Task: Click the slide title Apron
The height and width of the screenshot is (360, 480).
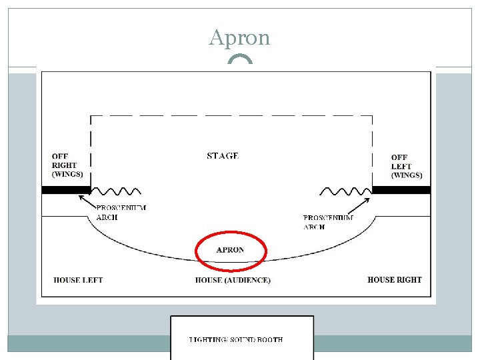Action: (x=239, y=37)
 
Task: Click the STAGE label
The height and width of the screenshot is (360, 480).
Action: (x=223, y=156)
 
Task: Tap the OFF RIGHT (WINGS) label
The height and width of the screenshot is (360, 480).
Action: (x=67, y=165)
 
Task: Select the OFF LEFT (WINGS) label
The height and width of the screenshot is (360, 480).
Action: (x=406, y=167)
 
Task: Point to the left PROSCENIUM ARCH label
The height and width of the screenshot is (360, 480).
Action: (x=121, y=212)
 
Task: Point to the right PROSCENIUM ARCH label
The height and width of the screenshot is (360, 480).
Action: (x=328, y=222)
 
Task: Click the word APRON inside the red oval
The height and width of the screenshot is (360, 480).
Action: (x=230, y=250)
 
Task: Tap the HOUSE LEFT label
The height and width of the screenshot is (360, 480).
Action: (x=78, y=280)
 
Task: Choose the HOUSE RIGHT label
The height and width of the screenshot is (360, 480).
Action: (x=395, y=280)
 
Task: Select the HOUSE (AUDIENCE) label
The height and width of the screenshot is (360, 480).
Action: (x=233, y=280)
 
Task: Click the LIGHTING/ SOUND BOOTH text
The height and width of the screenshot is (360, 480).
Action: (x=236, y=340)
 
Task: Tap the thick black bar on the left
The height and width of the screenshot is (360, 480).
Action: (x=65, y=190)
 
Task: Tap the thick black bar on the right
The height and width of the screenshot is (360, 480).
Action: (x=401, y=190)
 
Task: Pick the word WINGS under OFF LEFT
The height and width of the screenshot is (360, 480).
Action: (x=407, y=175)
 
